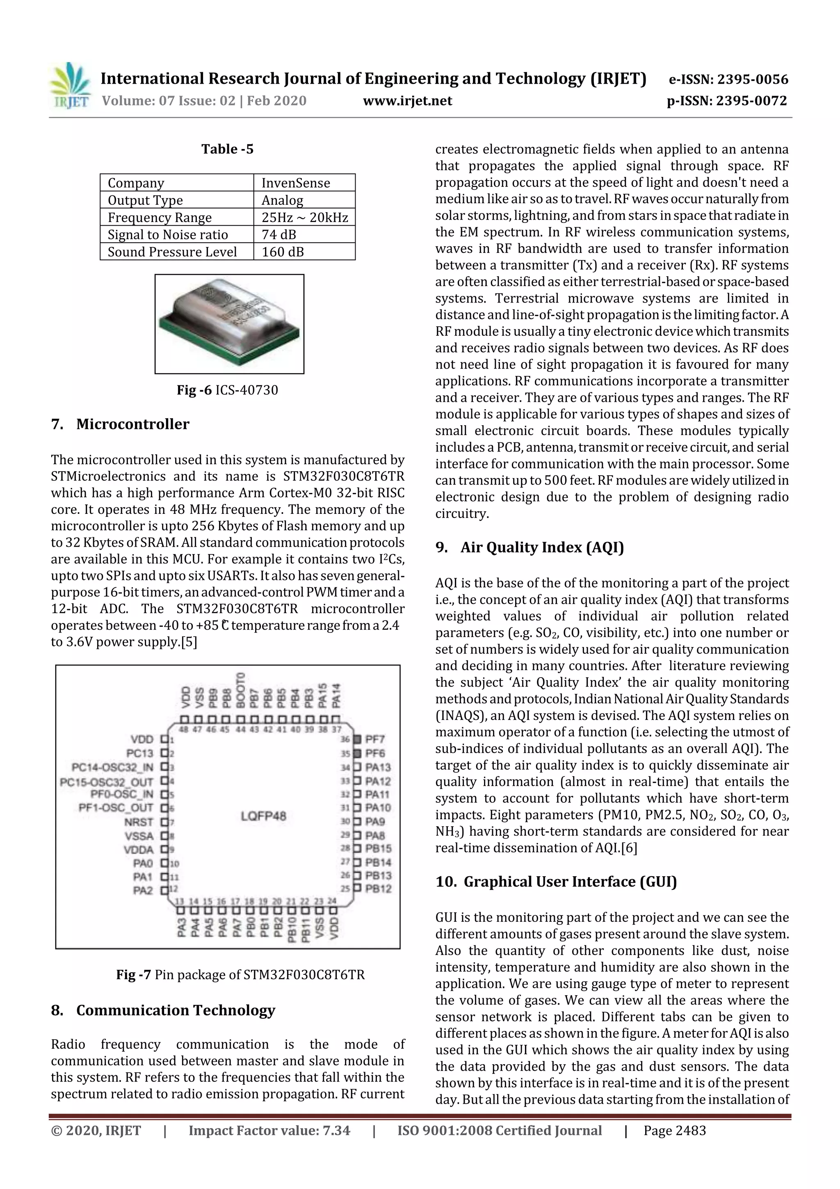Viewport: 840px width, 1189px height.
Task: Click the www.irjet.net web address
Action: [x=407, y=101]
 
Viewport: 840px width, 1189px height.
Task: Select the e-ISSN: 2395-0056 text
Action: [x=728, y=79]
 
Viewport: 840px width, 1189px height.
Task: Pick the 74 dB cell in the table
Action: [x=279, y=235]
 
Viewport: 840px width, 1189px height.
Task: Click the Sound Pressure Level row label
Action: [x=172, y=252]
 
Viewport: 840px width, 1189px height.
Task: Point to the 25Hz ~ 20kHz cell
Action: [x=304, y=218]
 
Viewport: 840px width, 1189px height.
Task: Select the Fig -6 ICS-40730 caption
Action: [x=227, y=390]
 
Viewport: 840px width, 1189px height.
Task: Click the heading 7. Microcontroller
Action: [x=120, y=424]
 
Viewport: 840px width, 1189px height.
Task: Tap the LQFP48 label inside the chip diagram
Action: [x=263, y=816]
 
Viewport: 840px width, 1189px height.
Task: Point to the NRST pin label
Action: [x=139, y=822]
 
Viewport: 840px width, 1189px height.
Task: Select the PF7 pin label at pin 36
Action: [x=375, y=739]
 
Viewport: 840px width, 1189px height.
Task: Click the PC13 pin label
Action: [x=140, y=753]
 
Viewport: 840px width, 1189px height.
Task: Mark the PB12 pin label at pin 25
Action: [x=378, y=889]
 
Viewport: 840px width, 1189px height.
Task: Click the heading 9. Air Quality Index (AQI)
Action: [x=530, y=548]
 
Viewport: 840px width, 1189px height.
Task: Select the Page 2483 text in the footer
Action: [x=674, y=1130]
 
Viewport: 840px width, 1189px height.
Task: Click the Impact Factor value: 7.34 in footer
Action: [x=269, y=1130]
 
